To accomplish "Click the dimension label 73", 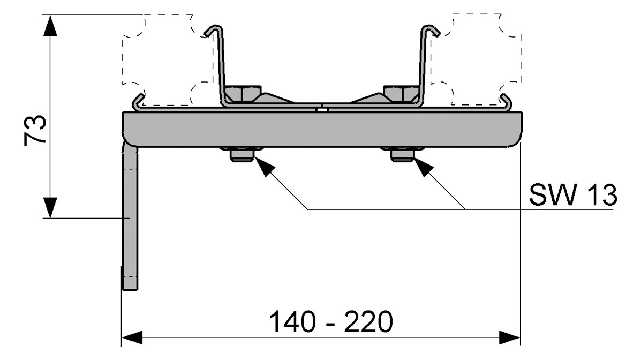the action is coord(35,131).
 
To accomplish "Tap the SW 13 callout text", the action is coord(573,194).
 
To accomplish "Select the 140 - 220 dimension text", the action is coord(331,321).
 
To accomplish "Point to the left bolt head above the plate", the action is coord(243,94).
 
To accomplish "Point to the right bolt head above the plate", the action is coord(401,94).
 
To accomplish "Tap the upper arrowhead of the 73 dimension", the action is coord(50,25).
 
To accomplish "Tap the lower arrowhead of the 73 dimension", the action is coord(50,207).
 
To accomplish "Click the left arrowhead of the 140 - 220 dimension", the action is coord(132,338).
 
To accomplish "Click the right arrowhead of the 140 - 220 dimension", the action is coord(509,338).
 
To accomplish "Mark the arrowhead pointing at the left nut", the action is coord(263,167).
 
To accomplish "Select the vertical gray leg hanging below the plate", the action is coord(130,217).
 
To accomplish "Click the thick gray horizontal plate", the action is coord(322,129).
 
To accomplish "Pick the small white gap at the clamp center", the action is coord(322,109).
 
